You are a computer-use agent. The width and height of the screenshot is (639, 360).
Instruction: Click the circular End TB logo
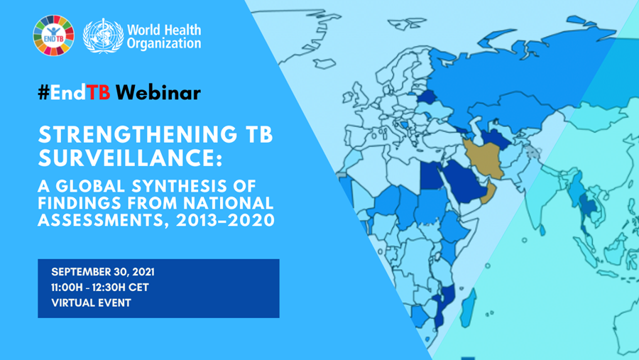[53, 35]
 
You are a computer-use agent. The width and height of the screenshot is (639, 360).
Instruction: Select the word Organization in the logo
[164, 43]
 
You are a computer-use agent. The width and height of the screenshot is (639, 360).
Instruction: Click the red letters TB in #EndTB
[99, 92]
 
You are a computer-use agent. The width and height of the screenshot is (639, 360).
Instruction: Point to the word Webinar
[158, 92]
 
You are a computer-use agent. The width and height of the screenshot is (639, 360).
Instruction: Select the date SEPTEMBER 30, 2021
[103, 273]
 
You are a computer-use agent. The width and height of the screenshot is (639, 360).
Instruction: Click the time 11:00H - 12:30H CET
[100, 288]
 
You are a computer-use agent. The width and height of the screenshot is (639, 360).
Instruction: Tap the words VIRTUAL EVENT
[91, 303]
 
